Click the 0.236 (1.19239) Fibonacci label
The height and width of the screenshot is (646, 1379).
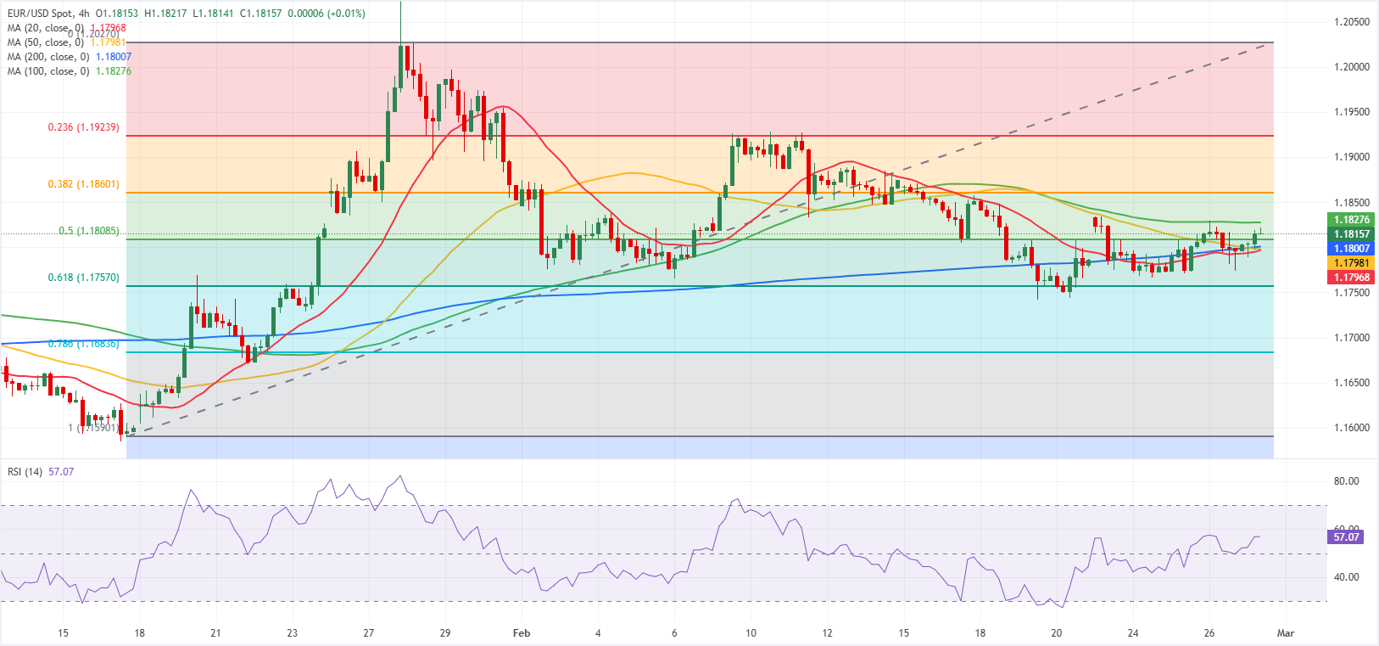(83, 127)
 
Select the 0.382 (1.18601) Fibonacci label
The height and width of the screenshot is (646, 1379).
(83, 184)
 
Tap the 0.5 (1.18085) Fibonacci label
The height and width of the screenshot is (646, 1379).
(88, 231)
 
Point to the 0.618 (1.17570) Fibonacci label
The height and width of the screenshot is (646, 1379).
(83, 278)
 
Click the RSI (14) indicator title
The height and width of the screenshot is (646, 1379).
(25, 471)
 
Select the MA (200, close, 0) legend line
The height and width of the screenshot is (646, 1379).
(47, 57)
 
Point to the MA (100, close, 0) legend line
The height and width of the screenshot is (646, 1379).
(47, 71)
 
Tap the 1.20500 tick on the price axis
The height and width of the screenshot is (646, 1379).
(1351, 22)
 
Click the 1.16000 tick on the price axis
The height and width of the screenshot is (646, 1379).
(1351, 428)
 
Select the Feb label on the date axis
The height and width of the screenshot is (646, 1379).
(522, 633)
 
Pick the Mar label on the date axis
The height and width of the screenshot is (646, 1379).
(1286, 633)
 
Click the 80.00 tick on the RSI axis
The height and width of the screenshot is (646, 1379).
(1346, 481)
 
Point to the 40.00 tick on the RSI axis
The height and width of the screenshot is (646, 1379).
(1346, 577)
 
